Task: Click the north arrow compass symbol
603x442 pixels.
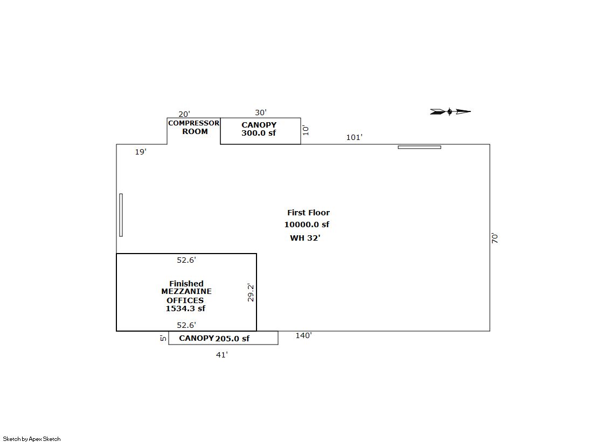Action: (x=450, y=112)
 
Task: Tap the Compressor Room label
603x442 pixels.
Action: (x=194, y=127)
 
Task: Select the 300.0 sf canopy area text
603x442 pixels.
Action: (x=259, y=133)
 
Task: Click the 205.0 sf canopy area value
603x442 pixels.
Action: (x=232, y=339)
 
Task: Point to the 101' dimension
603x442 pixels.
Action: (x=354, y=137)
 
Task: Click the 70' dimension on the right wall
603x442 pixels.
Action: (x=495, y=238)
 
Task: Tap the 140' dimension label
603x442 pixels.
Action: (x=303, y=335)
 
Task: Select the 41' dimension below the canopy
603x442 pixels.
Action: (x=221, y=355)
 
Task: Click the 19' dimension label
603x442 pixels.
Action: (x=140, y=152)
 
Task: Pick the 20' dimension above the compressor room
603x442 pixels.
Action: (x=184, y=114)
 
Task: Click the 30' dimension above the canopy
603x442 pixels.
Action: (x=260, y=113)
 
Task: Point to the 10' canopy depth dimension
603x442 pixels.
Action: (x=306, y=130)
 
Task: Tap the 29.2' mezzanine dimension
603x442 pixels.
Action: (x=251, y=292)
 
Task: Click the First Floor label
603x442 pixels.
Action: (x=308, y=213)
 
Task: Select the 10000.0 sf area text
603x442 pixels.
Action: (x=307, y=224)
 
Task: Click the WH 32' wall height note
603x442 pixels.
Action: (x=305, y=238)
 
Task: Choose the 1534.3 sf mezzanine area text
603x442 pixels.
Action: (x=185, y=308)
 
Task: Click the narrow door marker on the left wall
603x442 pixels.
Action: (x=121, y=215)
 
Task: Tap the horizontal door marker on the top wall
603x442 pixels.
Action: (x=419, y=147)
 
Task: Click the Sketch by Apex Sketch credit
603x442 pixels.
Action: (x=32, y=439)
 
